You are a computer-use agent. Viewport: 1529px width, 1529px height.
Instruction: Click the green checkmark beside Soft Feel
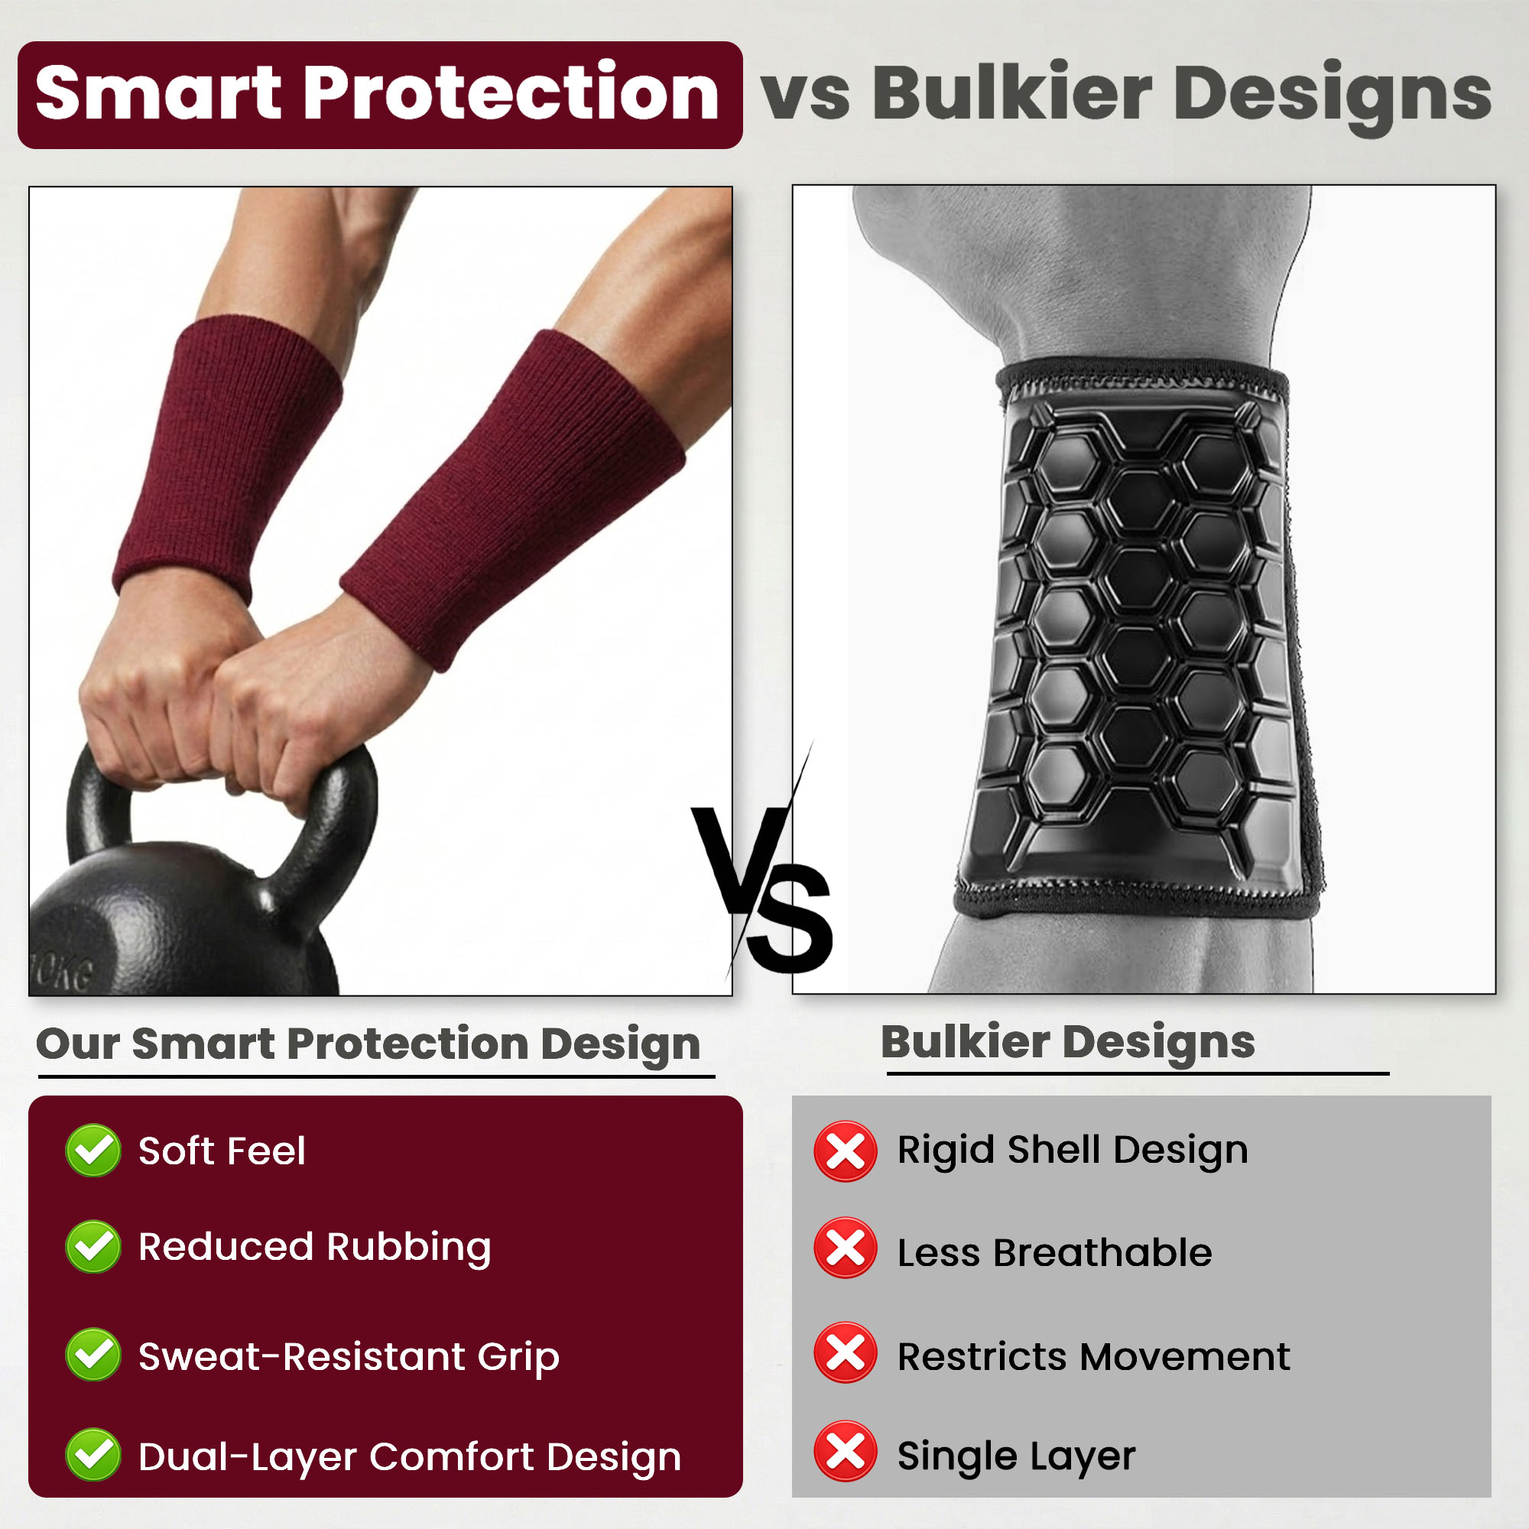pyautogui.click(x=93, y=1151)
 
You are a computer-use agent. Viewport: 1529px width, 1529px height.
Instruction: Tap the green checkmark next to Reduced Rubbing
pyautogui.click(x=93, y=1247)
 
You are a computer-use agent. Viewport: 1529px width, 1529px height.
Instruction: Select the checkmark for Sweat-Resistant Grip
pyautogui.click(x=93, y=1355)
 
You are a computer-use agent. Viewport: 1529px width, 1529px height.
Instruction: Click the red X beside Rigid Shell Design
pyautogui.click(x=846, y=1151)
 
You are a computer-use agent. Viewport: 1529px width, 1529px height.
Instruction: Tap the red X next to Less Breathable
pyautogui.click(x=846, y=1249)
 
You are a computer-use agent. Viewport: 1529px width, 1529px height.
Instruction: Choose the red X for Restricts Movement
pyautogui.click(x=846, y=1353)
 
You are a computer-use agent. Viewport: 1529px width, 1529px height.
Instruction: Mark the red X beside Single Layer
pyautogui.click(x=846, y=1453)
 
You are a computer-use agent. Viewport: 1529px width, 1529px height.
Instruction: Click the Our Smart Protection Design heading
pyautogui.click(x=368, y=1044)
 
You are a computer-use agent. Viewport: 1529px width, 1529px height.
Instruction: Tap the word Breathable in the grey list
pyautogui.click(x=1102, y=1253)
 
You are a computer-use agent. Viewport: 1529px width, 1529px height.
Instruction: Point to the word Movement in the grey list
pyautogui.click(x=1185, y=1356)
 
